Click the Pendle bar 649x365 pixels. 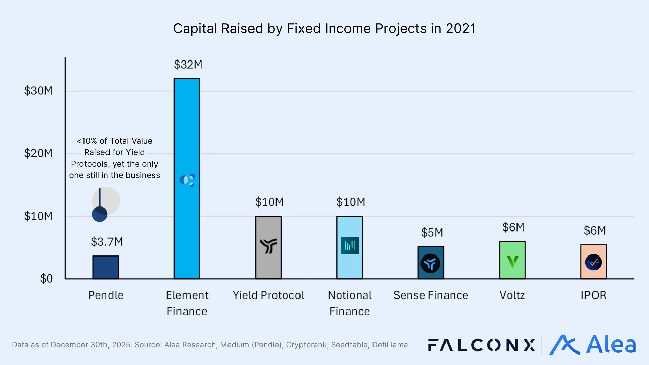pos(106,267)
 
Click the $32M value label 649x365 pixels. pos(188,65)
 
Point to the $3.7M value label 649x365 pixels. pos(107,242)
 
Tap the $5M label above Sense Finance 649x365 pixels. pos(432,233)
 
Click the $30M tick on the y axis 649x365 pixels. pos(38,91)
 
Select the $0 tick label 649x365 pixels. pos(46,278)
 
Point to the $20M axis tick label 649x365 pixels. pos(38,153)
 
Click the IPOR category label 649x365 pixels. pos(594,295)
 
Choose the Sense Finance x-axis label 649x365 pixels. pos(431,295)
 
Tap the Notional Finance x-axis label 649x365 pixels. pos(350,303)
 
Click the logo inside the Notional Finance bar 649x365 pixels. pos(350,245)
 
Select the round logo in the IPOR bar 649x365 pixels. pos(594,262)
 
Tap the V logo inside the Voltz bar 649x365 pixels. pos(512,262)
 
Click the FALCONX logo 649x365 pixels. pos(481,345)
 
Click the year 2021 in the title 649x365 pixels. pos(460,29)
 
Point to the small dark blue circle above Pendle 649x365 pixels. pos(100,214)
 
